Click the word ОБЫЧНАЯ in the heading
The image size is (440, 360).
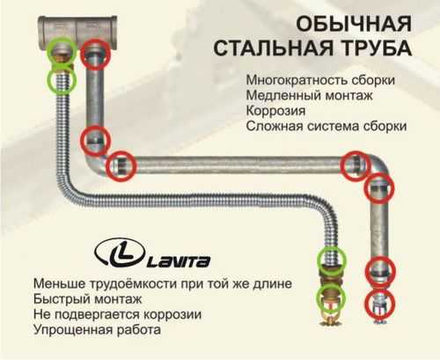(354, 24)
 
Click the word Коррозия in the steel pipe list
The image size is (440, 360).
(275, 111)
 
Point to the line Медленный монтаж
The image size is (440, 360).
(309, 95)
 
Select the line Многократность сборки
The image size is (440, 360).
(320, 80)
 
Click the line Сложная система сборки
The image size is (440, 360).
(326, 126)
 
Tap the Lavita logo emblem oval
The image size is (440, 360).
(120, 253)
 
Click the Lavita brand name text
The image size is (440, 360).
(179, 261)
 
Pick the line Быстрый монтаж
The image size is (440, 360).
(87, 299)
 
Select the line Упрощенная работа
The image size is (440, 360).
(97, 329)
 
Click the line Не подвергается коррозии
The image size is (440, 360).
(117, 314)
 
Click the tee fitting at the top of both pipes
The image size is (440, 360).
(78, 32)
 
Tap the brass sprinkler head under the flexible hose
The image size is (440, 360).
(332, 315)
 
